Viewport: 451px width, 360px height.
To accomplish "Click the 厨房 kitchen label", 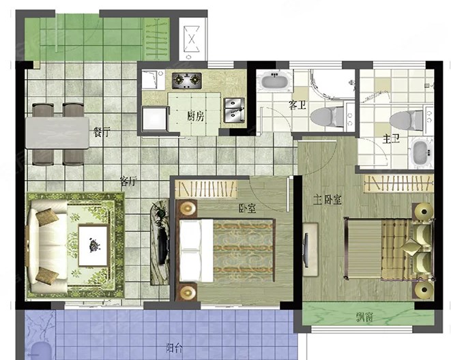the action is coord(196,117).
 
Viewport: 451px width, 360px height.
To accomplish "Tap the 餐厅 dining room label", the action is coord(102,132).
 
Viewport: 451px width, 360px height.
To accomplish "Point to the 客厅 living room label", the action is coord(128,181).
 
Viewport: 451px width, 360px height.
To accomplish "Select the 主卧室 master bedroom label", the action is coord(328,200).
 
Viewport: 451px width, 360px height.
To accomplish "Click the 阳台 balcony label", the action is coord(174,348).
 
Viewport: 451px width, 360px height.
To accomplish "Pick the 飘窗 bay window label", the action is coord(365,317).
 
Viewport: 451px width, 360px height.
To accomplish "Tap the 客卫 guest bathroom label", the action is coord(297,105).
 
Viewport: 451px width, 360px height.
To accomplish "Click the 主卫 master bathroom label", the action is coord(391,139).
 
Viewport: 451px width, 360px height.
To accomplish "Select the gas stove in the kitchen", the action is coord(187,80).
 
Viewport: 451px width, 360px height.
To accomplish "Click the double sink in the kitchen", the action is coord(234,110).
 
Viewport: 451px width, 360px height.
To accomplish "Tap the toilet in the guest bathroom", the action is coord(328,117).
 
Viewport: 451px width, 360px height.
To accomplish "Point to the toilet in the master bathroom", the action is coord(406,121).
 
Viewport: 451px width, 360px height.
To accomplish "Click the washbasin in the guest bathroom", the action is coord(275,80).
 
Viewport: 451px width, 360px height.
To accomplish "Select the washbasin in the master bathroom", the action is coord(422,152).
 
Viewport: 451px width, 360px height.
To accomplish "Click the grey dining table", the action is coord(57,132).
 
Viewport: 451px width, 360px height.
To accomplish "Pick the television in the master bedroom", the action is coord(306,250).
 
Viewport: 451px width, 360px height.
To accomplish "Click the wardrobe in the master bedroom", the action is coord(398,183).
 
